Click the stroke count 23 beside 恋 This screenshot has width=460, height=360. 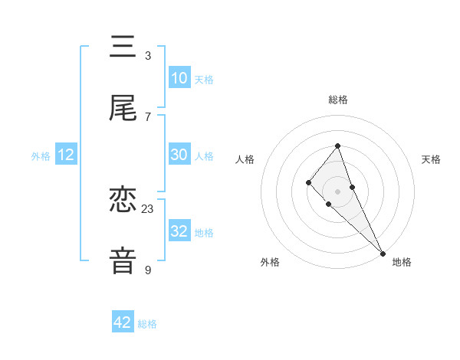point(148,208)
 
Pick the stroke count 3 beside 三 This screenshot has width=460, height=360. point(148,55)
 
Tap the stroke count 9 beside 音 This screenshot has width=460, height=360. point(148,270)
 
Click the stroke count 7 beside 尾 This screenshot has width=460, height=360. point(148,116)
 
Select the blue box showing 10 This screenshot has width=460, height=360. point(179,78)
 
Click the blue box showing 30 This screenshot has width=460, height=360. point(179,155)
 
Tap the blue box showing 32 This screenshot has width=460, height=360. point(179,231)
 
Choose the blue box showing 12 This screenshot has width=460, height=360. point(66,155)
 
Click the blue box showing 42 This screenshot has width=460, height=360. point(123,322)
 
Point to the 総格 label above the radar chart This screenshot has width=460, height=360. point(337,100)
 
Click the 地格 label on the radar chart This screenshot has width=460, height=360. point(402,262)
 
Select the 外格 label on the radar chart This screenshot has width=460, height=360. point(270,262)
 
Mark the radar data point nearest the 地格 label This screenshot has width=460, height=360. point(383,253)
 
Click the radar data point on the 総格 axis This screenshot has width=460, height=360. point(337,146)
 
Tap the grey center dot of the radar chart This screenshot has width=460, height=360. point(337,191)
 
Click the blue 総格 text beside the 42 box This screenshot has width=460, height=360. point(147,324)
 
